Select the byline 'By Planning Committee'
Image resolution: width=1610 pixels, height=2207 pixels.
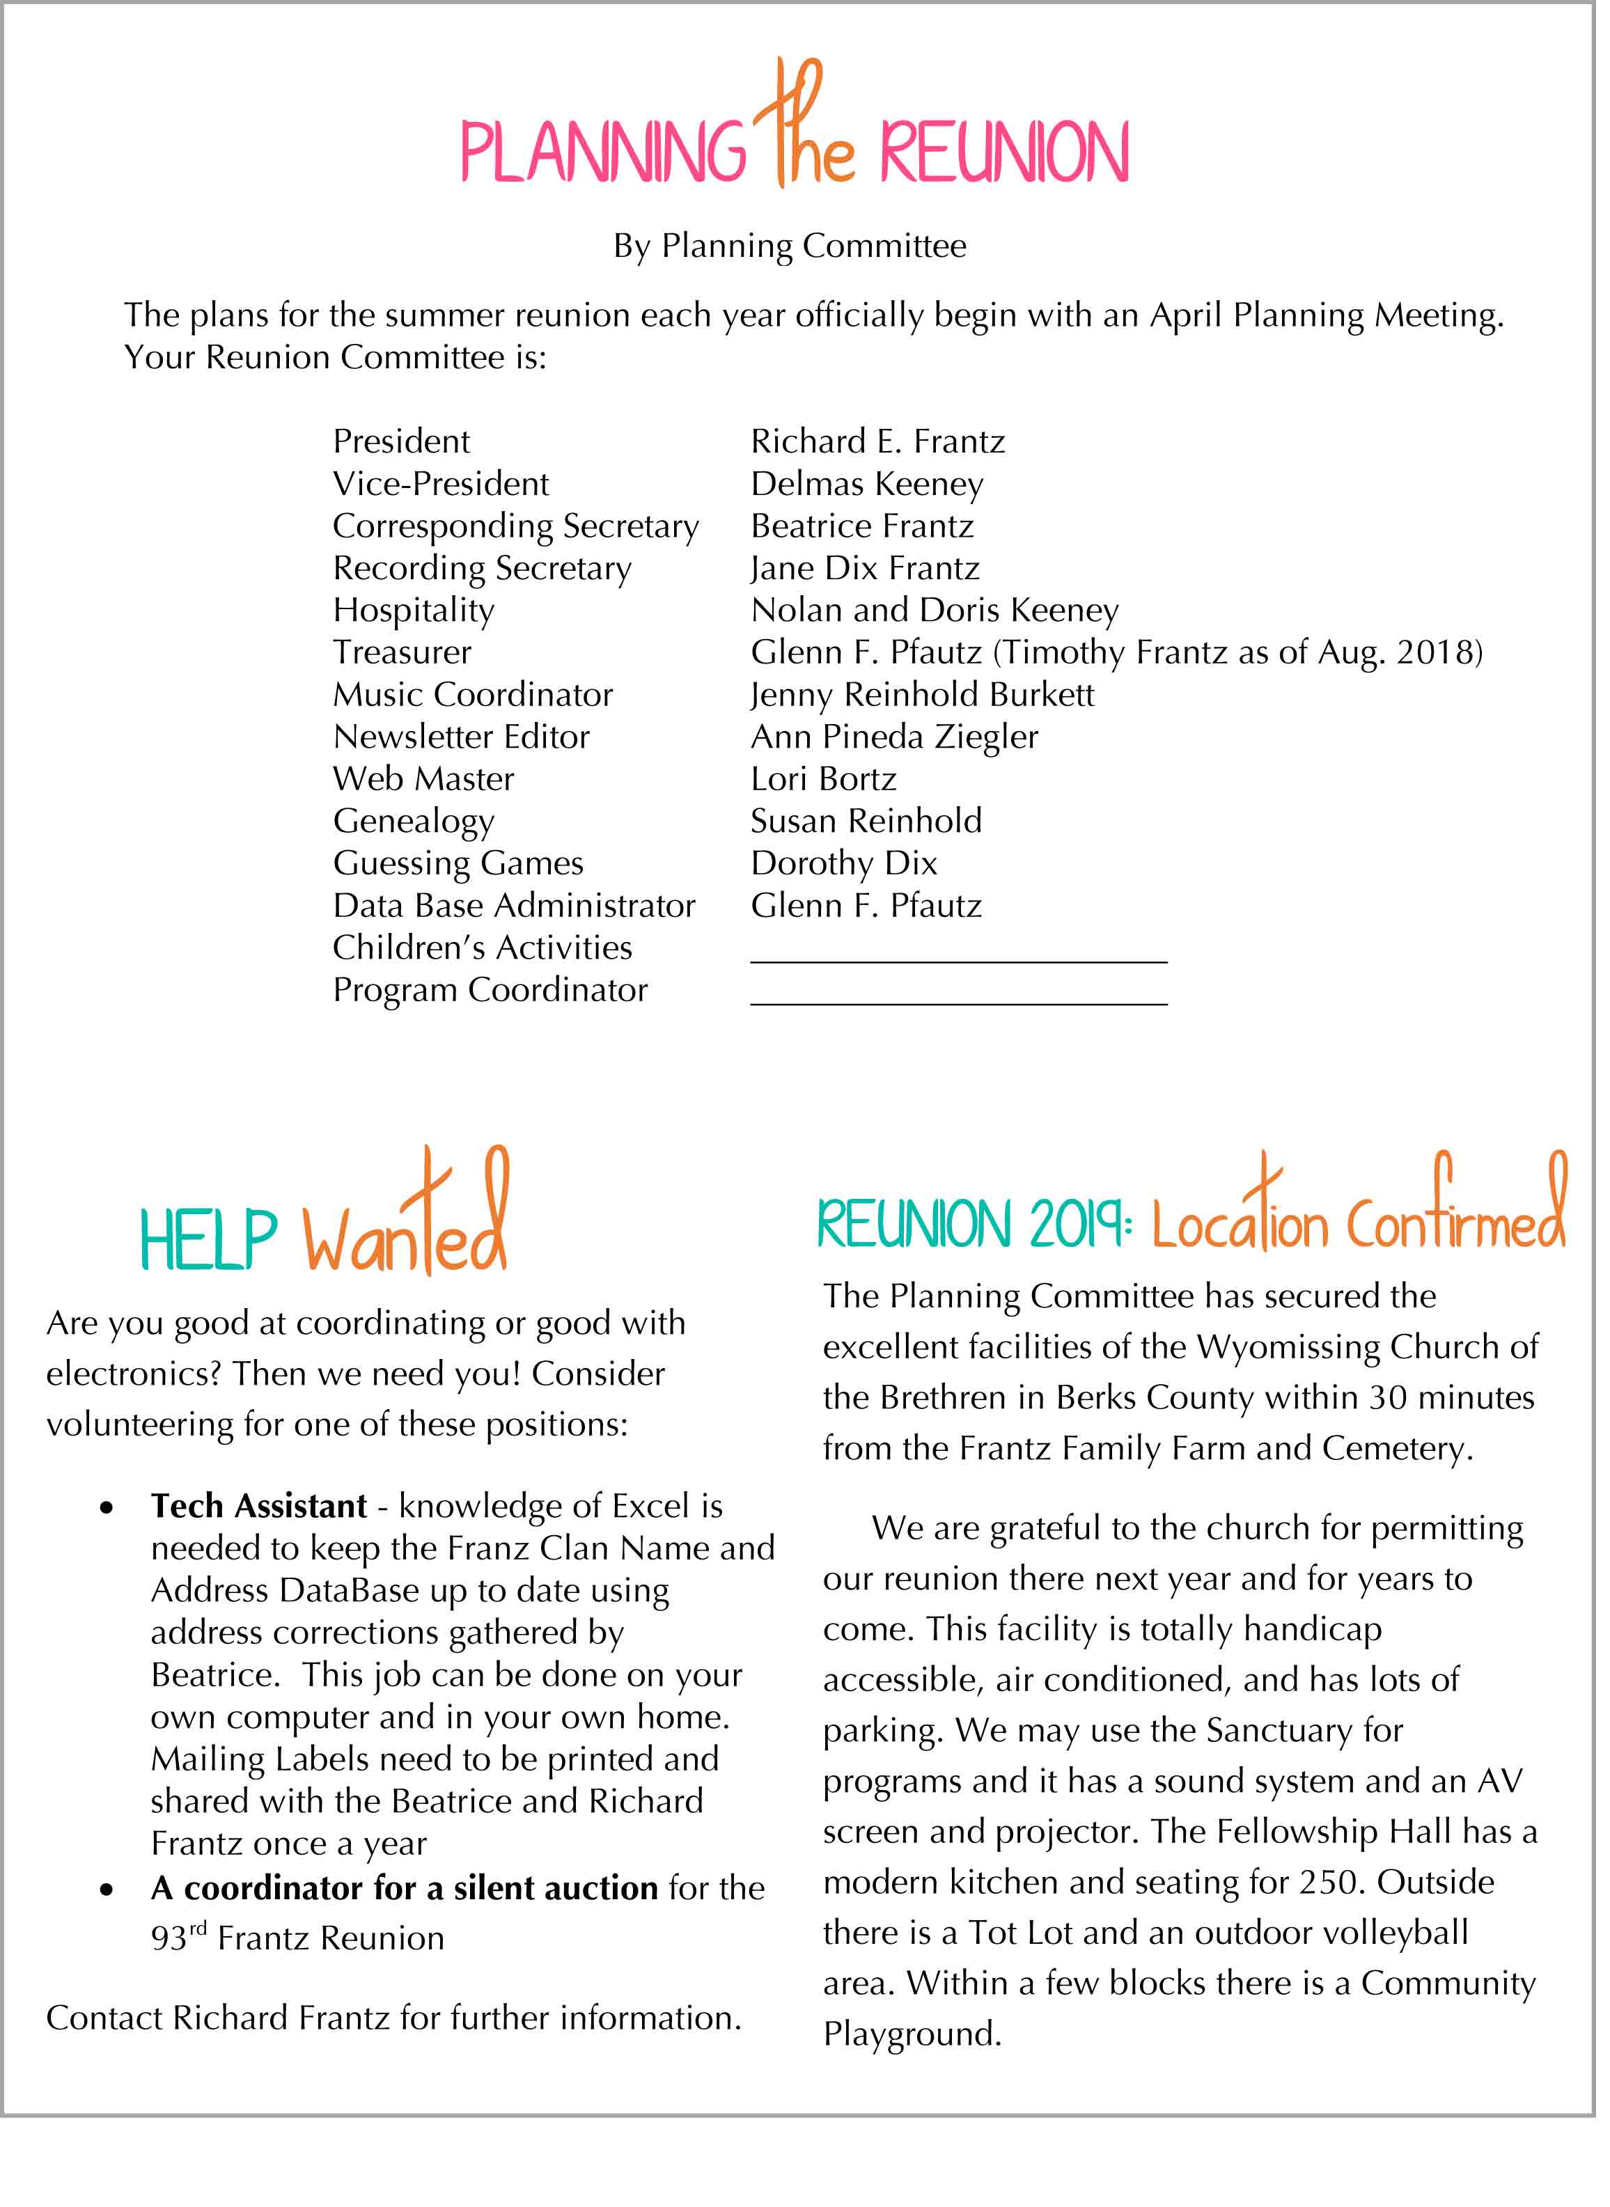tap(790, 246)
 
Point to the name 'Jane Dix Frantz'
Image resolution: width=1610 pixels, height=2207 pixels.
tap(864, 568)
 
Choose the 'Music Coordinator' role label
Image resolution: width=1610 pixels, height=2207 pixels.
tap(473, 695)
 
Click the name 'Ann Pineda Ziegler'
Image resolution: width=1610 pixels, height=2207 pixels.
tap(893, 737)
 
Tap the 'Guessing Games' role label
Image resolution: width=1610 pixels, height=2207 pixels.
tap(458, 863)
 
